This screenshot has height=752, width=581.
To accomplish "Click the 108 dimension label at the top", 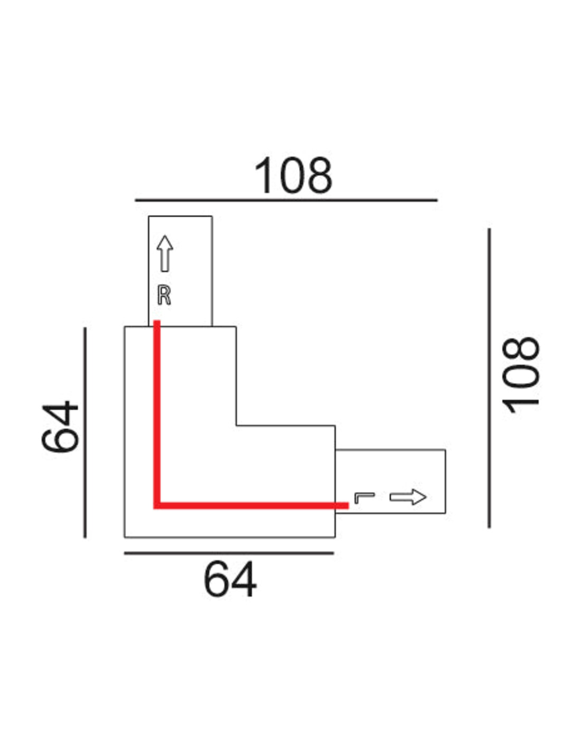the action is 293,176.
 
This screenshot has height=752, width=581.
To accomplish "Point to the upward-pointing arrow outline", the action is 165,254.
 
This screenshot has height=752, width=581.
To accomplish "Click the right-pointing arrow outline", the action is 408,497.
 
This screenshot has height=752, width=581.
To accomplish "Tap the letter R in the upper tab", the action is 164,295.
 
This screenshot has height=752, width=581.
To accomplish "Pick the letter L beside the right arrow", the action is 364,498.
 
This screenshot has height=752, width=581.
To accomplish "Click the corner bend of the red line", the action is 157,506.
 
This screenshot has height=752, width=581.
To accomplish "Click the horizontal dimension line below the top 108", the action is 286,200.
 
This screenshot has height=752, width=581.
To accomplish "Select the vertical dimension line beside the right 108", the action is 489,378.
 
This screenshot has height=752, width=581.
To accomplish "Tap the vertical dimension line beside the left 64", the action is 85,432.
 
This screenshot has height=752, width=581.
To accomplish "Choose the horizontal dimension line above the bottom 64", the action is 229,553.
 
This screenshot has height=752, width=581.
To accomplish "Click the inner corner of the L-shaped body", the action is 237,425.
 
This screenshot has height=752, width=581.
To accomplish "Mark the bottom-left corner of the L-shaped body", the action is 125,537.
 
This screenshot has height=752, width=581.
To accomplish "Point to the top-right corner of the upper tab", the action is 212,217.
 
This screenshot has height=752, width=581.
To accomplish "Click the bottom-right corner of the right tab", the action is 445,513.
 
